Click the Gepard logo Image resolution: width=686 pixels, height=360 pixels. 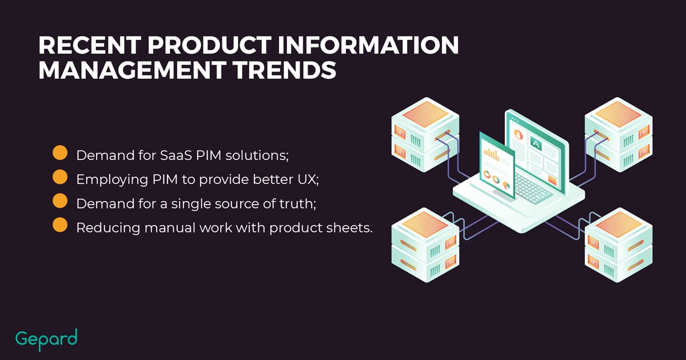click(x=46, y=339)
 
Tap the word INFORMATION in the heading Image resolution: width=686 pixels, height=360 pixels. click(x=368, y=45)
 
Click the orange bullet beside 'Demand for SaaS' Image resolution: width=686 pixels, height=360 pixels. click(x=60, y=153)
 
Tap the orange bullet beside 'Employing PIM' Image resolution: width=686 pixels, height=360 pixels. click(x=60, y=177)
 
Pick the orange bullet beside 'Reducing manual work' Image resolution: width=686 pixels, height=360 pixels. click(x=60, y=225)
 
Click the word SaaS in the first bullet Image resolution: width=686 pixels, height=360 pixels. click(x=176, y=155)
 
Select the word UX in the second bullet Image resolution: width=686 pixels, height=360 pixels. click(x=308, y=179)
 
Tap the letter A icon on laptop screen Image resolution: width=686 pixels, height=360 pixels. click(x=536, y=143)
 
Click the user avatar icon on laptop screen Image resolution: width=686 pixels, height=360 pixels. click(x=518, y=134)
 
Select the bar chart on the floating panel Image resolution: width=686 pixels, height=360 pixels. click(x=491, y=155)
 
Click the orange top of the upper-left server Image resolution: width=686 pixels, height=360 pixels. click(x=425, y=114)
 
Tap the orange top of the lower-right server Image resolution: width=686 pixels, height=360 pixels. click(x=619, y=225)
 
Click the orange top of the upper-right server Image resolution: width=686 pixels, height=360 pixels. click(x=619, y=114)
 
